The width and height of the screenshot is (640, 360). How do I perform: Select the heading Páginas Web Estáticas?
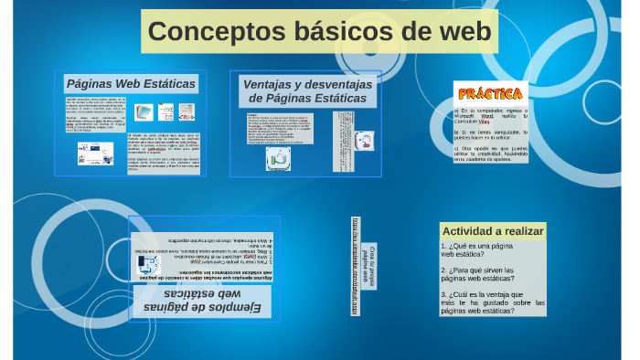click(x=131, y=83)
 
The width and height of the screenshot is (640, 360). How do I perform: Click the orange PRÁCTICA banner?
click(x=490, y=93)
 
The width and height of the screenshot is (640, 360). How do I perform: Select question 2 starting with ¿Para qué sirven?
click(x=484, y=275)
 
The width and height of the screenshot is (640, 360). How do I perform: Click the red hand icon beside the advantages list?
click(x=365, y=141)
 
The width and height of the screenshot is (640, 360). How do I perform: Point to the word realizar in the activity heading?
click(x=524, y=230)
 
